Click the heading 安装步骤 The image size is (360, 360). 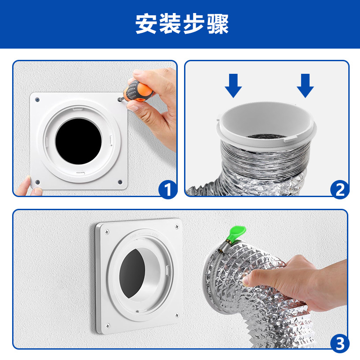182,24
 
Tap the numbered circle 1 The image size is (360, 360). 167,189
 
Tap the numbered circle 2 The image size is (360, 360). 340,189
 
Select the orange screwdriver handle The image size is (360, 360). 143,90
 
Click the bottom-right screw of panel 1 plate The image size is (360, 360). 120,182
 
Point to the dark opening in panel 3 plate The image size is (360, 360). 134,274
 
